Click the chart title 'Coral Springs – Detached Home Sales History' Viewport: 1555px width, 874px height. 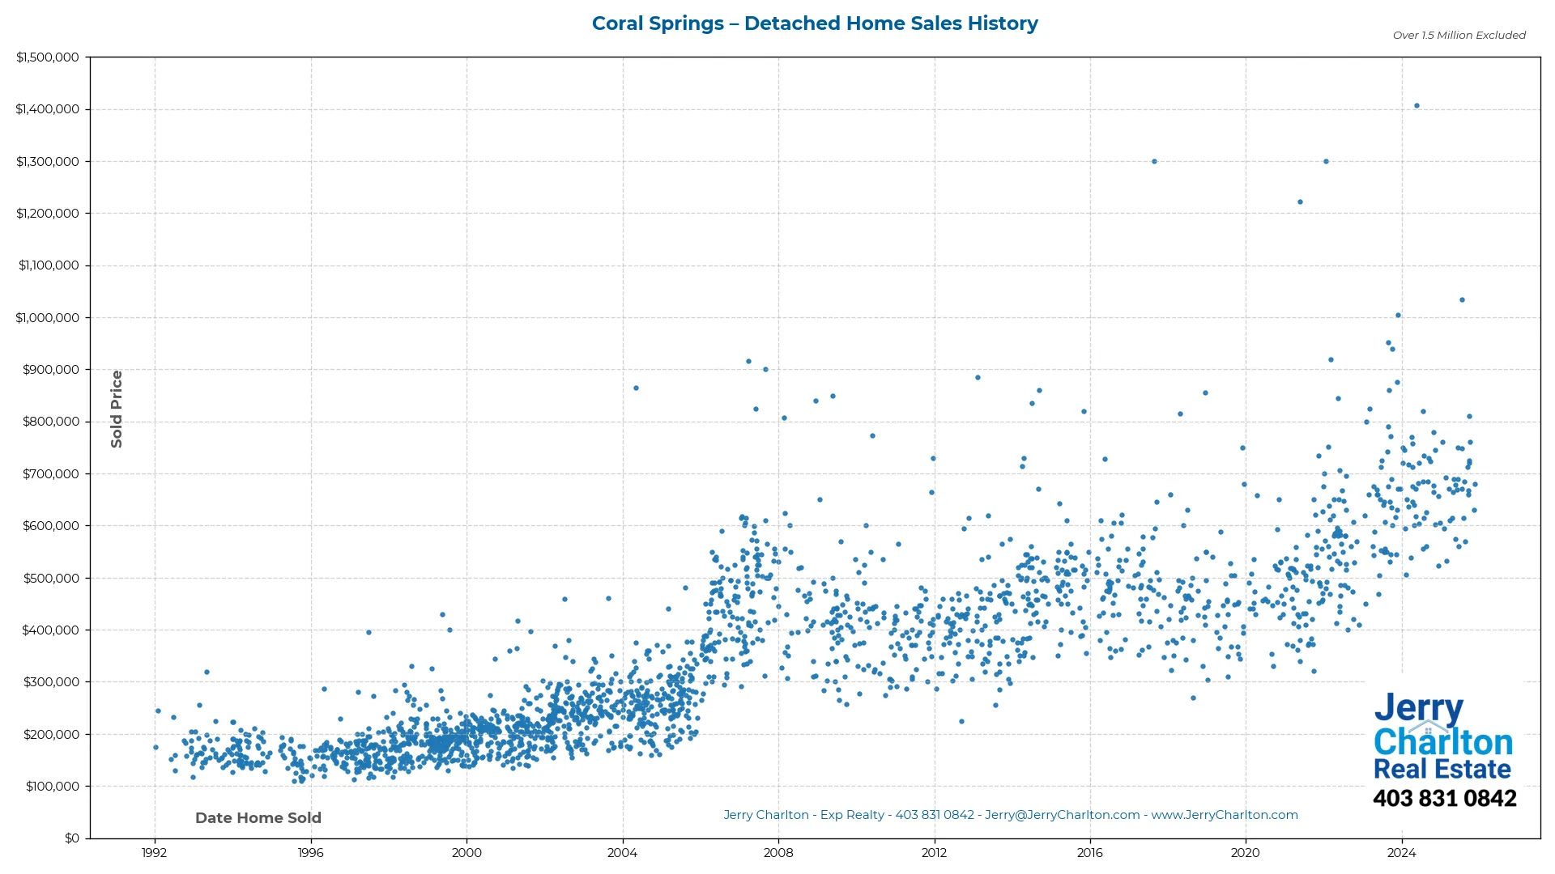[815, 23]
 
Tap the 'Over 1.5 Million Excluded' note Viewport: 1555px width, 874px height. [1459, 36]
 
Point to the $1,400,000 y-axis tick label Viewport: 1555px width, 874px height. [48, 109]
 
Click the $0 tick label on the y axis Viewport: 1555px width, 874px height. [72, 838]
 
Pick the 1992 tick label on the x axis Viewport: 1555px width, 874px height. [155, 853]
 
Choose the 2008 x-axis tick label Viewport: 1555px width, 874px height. [778, 853]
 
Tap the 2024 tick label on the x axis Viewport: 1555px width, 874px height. [1401, 853]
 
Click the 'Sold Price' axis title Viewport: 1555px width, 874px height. [117, 409]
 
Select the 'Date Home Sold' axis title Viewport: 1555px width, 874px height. [258, 818]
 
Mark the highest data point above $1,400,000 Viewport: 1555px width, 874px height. [1417, 106]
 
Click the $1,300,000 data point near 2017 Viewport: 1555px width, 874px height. [1154, 162]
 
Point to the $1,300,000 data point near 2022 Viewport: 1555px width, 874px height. [1326, 162]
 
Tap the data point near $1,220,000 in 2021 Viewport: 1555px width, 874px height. [1300, 202]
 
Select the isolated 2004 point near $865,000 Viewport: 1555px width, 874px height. [636, 388]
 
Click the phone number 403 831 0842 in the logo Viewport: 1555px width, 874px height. [1444, 799]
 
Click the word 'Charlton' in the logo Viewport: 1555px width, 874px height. [1443, 742]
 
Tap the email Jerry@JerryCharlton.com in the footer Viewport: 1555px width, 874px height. [1062, 815]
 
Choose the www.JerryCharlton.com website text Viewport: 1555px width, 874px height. [1225, 815]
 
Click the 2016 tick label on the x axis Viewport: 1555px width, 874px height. [1089, 853]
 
